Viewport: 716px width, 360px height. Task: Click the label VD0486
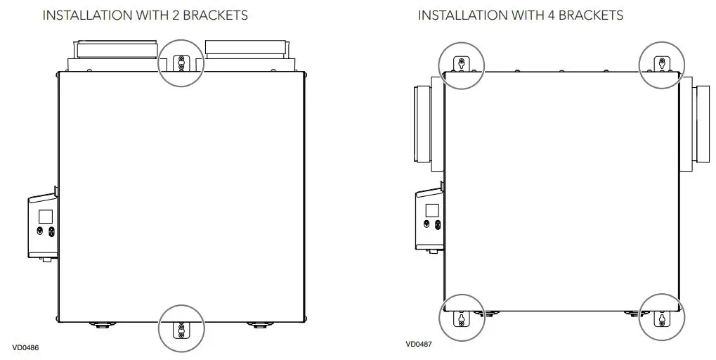[26, 347]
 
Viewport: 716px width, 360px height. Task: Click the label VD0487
[419, 345]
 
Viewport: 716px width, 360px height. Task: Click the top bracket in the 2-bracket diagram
[181, 63]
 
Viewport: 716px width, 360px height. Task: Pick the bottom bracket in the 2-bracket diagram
[181, 328]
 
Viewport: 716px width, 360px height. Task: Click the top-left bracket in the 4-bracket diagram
[461, 65]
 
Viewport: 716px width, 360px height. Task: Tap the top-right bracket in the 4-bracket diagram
[660, 65]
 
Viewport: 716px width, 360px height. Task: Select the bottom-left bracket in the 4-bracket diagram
[461, 319]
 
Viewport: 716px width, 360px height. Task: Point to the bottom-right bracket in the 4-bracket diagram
[660, 319]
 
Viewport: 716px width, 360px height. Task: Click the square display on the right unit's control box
[431, 210]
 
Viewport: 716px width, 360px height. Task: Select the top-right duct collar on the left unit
[245, 48]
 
